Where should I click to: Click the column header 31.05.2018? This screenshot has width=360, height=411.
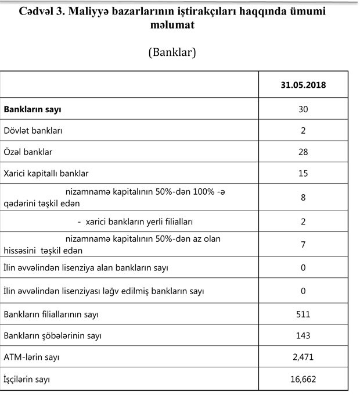tap(303, 85)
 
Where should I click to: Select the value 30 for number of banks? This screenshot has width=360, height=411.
tap(303, 109)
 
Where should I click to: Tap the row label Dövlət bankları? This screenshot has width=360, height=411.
tap(34, 131)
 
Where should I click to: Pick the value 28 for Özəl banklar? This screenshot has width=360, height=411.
tap(303, 152)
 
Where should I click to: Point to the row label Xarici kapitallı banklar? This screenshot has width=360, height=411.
tap(46, 173)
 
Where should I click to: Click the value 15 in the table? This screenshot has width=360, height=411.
tap(303, 173)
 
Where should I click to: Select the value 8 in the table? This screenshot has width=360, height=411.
tap(303, 198)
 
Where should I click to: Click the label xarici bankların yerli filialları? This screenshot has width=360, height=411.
tap(139, 222)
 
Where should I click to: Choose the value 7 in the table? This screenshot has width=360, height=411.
tap(303, 245)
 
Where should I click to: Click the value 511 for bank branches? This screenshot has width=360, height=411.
tap(303, 314)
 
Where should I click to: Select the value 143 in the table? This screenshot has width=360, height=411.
tap(303, 336)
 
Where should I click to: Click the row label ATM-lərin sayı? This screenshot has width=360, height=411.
tap(31, 358)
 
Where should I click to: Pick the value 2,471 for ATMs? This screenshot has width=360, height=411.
tap(303, 358)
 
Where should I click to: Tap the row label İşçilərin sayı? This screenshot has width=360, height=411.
tap(27, 380)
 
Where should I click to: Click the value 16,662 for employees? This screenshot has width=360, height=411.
tap(303, 380)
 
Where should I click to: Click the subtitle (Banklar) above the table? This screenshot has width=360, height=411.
tap(172, 52)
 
